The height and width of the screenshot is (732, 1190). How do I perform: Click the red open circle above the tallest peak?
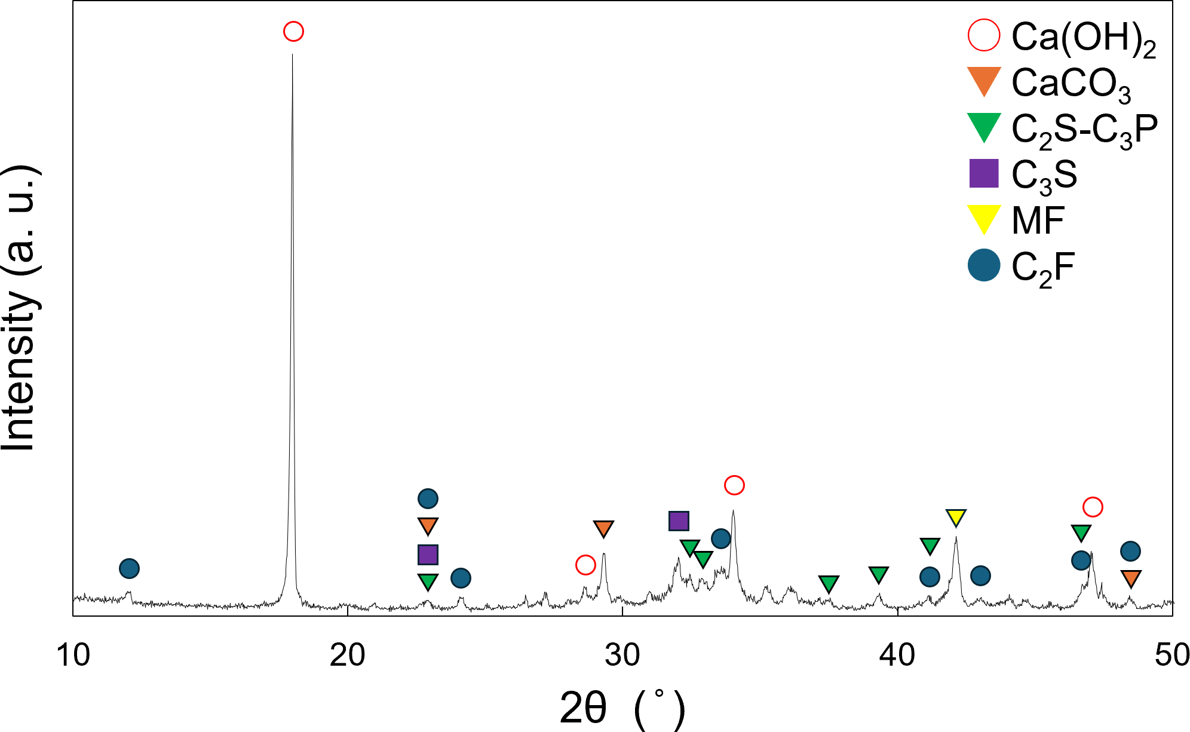[293, 31]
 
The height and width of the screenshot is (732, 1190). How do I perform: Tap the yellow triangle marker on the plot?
[956, 517]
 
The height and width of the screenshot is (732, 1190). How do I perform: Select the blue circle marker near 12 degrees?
[129, 568]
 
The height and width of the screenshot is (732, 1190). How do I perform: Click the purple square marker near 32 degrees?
[679, 521]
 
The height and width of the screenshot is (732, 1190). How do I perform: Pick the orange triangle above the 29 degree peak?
[603, 528]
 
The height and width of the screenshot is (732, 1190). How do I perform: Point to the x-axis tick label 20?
[347, 656]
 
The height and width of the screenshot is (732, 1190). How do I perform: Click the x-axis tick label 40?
[897, 656]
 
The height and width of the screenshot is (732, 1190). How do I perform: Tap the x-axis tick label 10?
[73, 656]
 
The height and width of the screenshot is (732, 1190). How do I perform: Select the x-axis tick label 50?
[1171, 656]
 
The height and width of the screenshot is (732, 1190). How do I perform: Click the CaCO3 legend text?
[1071, 84]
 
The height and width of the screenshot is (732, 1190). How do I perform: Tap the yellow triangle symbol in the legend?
[983, 219]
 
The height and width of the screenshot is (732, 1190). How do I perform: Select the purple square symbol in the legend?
[983, 173]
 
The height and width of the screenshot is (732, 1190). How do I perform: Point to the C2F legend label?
[1043, 268]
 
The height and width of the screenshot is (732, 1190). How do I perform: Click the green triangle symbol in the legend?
[983, 127]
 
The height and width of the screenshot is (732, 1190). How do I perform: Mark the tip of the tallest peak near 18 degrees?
[292, 54]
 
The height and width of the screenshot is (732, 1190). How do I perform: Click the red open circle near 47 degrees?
[1093, 507]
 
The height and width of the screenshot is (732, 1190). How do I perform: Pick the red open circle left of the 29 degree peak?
[585, 565]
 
